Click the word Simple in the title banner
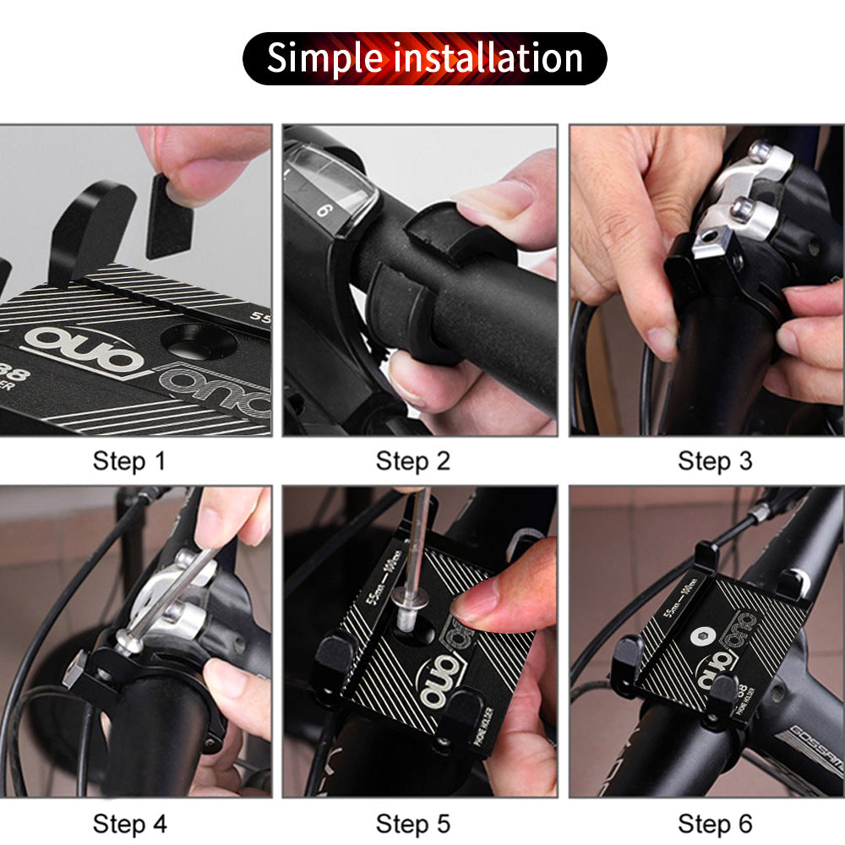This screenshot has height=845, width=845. click(x=325, y=58)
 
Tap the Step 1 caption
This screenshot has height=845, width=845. click(x=129, y=461)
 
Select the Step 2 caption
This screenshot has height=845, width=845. click(x=413, y=461)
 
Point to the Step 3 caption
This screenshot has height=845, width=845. click(x=715, y=461)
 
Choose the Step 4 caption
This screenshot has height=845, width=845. click(x=129, y=824)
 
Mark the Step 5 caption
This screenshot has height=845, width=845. click(x=413, y=824)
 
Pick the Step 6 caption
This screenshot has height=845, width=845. click(x=715, y=824)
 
